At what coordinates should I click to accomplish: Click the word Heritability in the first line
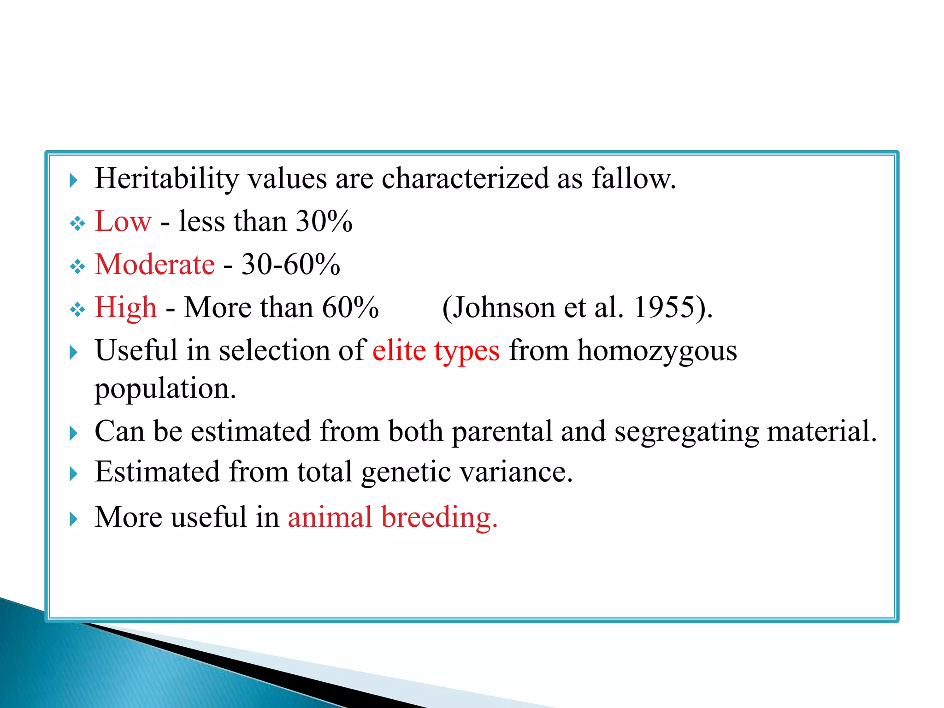(166, 179)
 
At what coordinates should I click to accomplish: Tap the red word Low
(123, 222)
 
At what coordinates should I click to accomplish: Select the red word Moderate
(154, 265)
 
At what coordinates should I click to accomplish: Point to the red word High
(125, 307)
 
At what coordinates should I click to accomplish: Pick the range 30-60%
(291, 265)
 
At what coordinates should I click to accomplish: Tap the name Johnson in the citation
(498, 307)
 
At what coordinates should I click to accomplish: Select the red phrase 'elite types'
(436, 351)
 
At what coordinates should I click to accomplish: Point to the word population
(165, 389)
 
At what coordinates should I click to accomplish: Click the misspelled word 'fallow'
(633, 179)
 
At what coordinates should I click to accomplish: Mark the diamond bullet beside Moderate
(77, 266)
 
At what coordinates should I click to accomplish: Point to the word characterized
(465, 179)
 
